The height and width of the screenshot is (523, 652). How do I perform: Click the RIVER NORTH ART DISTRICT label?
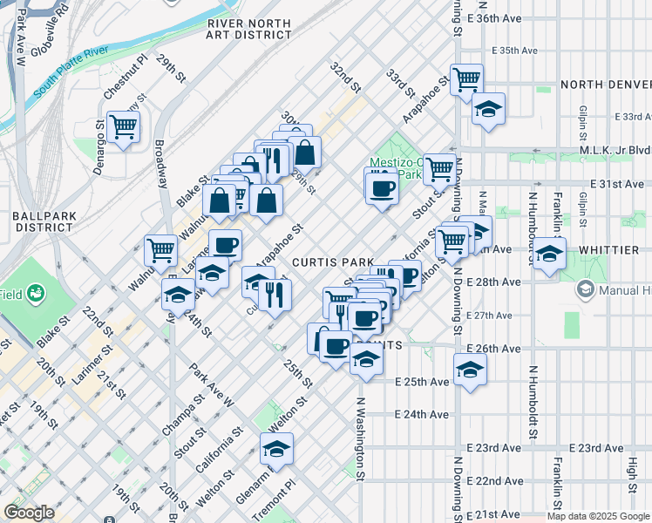coord(248,28)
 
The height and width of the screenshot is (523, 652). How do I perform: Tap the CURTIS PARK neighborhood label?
coord(333,261)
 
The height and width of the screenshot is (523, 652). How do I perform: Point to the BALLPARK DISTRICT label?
coord(35,221)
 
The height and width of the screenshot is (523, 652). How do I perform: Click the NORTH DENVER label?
coord(606,85)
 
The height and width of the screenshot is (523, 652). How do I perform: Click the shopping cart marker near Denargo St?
coord(124,127)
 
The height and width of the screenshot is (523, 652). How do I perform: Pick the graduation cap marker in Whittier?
coord(550,255)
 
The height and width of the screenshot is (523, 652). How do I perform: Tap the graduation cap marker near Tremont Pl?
coord(277,449)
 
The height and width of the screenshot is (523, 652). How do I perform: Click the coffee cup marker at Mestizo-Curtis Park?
coord(381,187)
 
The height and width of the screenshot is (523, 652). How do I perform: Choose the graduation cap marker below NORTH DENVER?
coord(488,110)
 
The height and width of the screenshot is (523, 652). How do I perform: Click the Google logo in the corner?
coord(30,513)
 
